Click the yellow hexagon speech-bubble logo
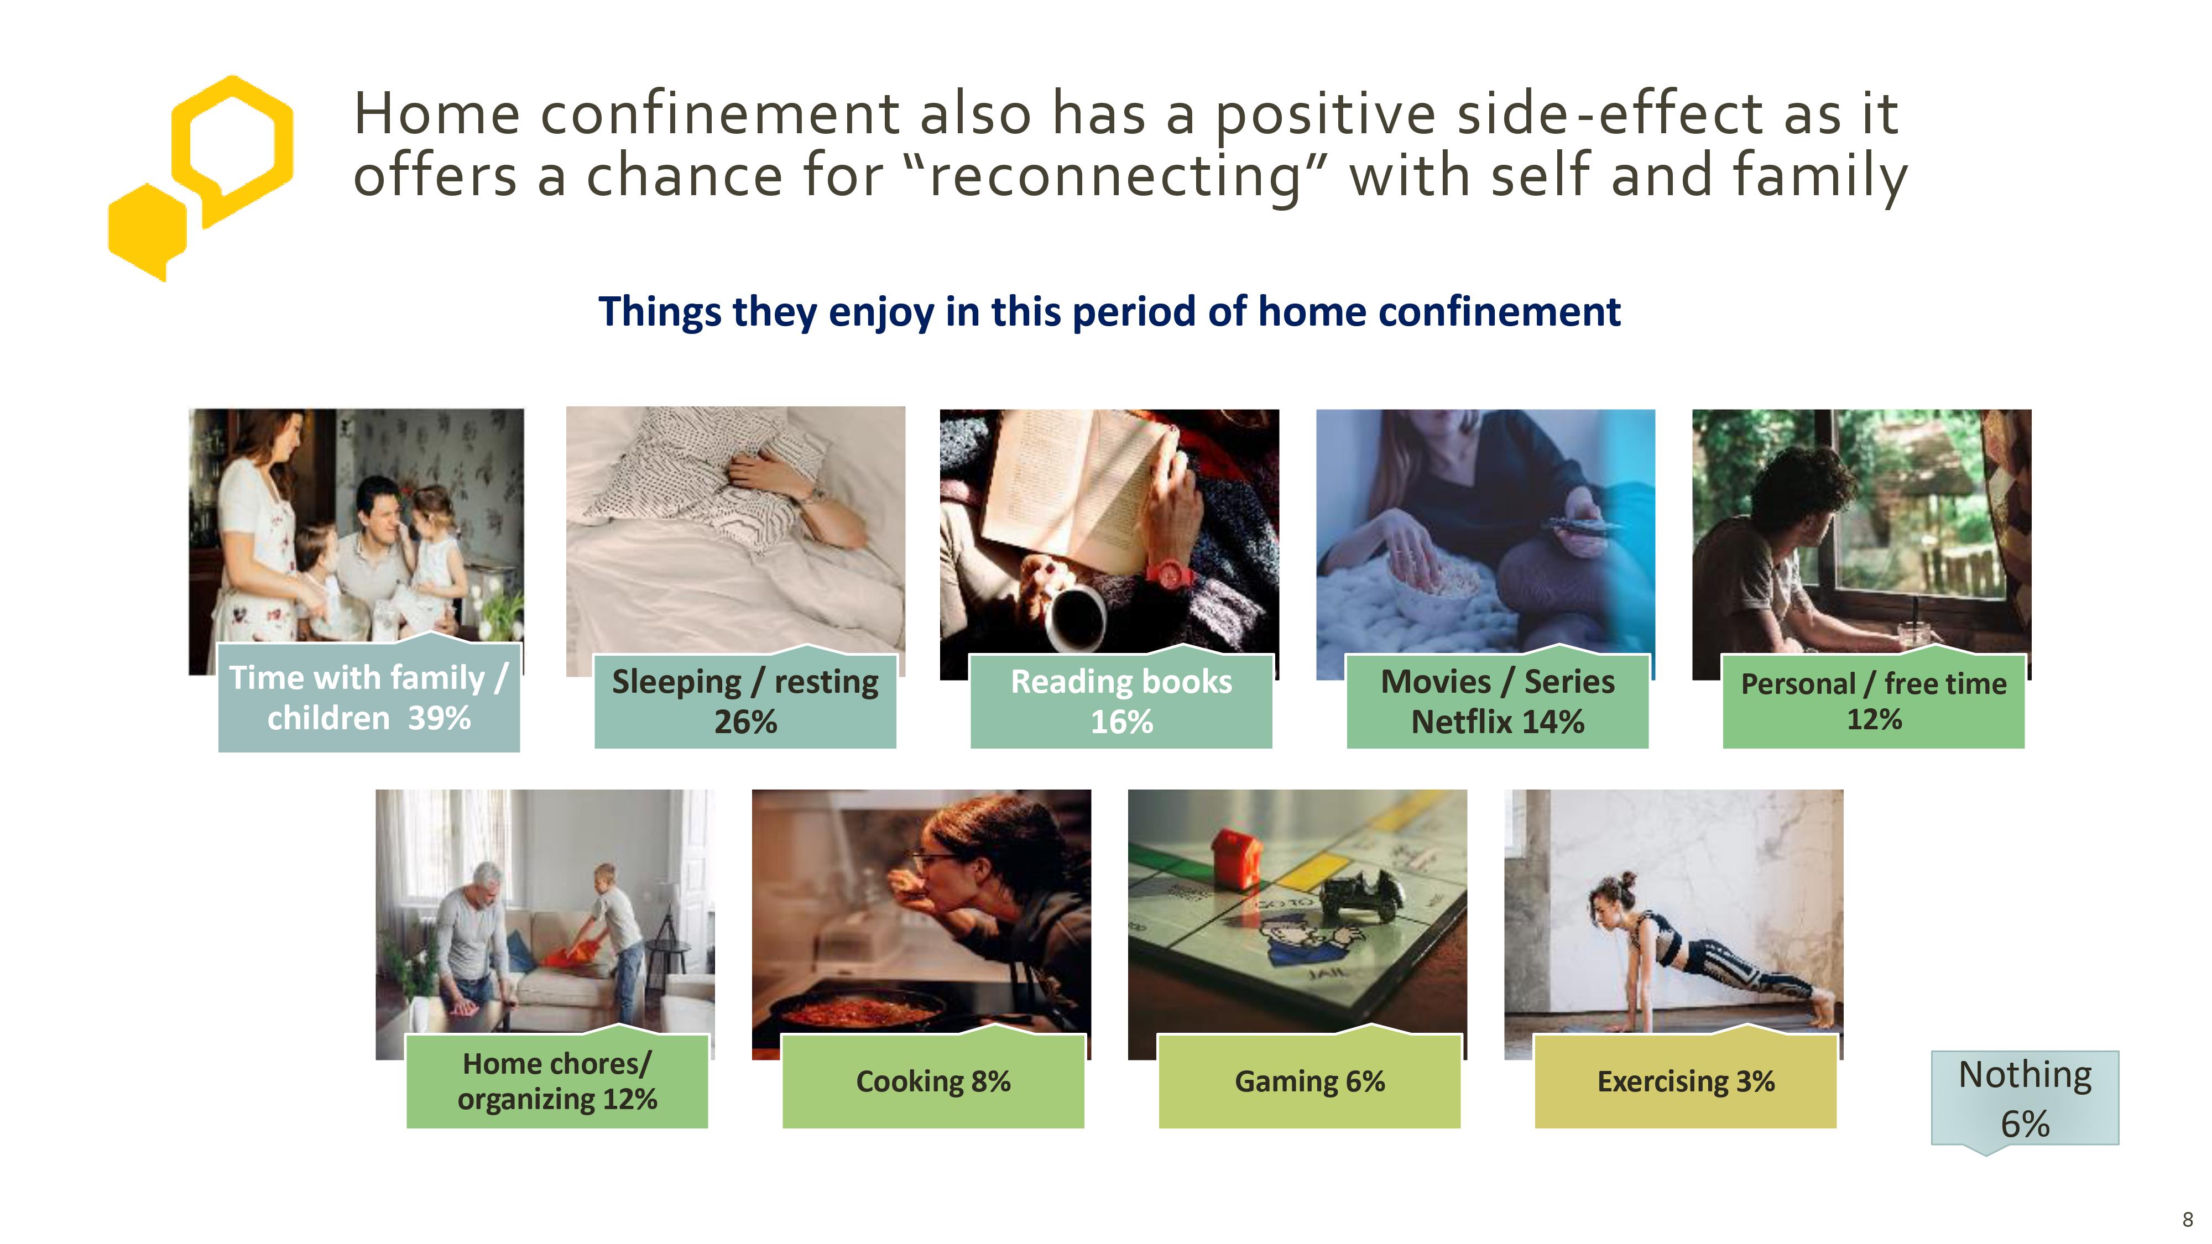coord(200,177)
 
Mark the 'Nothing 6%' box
coord(2025,1099)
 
